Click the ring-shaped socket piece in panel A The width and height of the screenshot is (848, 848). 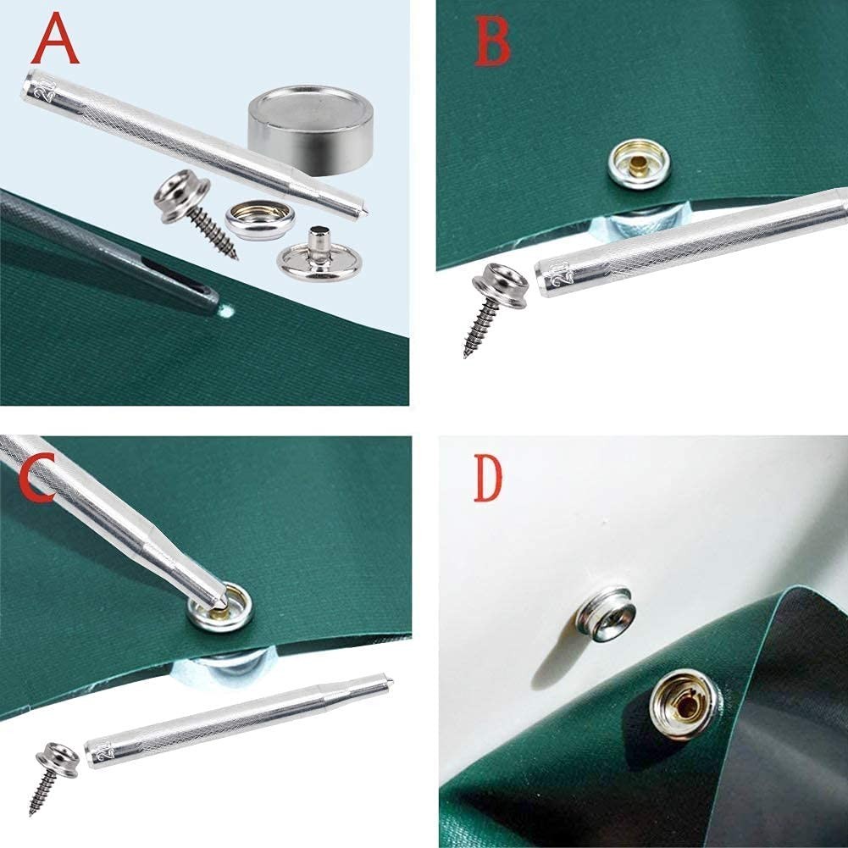coord(258,221)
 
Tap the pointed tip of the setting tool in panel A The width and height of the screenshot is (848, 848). coord(366,205)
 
